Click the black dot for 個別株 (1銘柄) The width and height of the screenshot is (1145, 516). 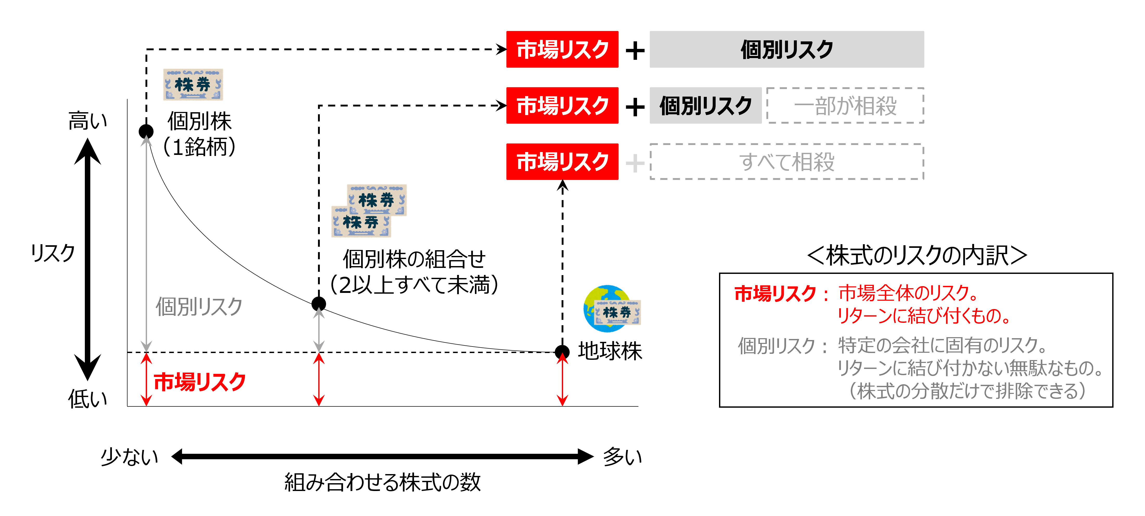(x=146, y=131)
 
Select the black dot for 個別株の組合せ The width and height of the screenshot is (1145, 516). (x=319, y=304)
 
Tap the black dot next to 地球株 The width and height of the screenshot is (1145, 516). (x=562, y=352)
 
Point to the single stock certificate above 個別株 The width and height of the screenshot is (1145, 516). (x=193, y=85)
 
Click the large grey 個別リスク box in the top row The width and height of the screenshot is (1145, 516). (x=786, y=49)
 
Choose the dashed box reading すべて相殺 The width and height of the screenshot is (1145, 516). (x=786, y=162)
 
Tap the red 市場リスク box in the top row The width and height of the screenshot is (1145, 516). (x=562, y=49)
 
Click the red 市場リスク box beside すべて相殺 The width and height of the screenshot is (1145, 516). (x=562, y=162)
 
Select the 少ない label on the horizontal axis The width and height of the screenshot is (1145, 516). (x=129, y=457)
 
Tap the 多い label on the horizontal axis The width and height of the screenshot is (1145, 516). (x=622, y=457)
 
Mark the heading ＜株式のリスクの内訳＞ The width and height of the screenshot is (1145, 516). (x=917, y=256)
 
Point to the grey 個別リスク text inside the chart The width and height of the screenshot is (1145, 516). (x=199, y=306)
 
